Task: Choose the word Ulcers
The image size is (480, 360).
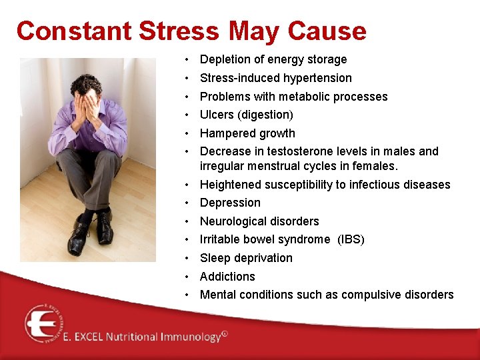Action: coord(217,115)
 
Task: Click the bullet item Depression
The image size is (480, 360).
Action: coord(230,203)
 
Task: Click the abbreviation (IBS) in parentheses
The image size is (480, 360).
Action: coord(351,239)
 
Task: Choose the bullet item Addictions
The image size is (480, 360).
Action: coord(227,277)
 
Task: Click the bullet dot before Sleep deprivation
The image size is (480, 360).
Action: coord(190,258)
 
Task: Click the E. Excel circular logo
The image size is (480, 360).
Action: coord(43,323)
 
